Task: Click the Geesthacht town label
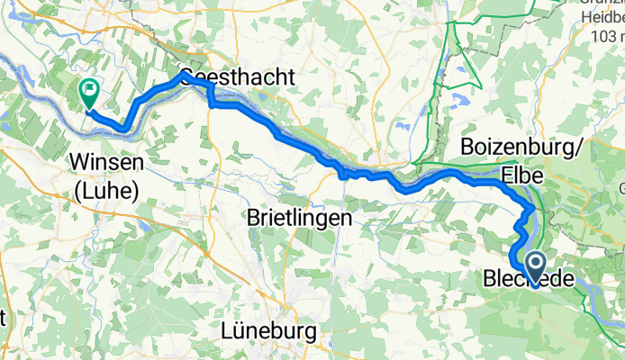click(x=237, y=77)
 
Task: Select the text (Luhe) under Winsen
click(x=106, y=191)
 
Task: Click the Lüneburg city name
click(x=268, y=331)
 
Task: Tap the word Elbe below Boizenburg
click(x=521, y=173)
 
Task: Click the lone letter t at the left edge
click(x=4, y=317)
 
